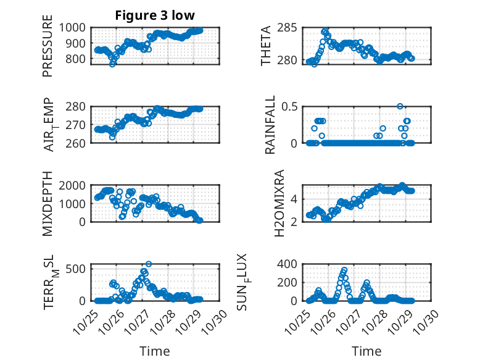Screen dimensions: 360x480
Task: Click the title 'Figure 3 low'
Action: tap(155, 16)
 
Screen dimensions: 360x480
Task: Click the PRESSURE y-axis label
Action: tap(48, 51)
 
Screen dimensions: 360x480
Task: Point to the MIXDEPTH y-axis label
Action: tap(48, 204)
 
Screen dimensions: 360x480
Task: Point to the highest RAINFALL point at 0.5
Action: tap(400, 106)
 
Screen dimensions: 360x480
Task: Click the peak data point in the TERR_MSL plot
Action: tap(149, 264)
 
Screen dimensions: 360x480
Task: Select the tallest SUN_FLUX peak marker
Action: tap(344, 270)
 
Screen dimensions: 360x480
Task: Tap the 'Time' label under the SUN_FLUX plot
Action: tap(366, 351)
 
